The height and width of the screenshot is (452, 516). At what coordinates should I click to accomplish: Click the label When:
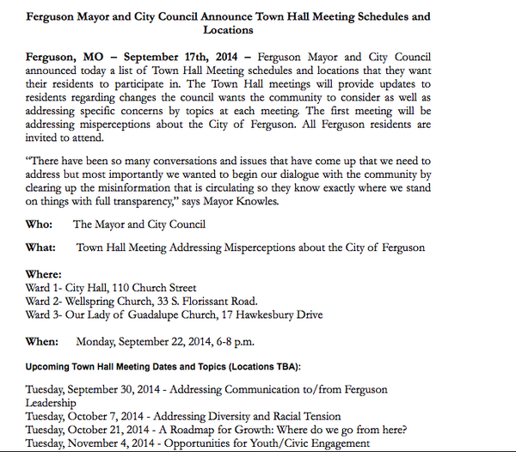(41, 341)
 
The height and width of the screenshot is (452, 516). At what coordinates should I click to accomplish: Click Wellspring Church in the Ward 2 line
(116, 302)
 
